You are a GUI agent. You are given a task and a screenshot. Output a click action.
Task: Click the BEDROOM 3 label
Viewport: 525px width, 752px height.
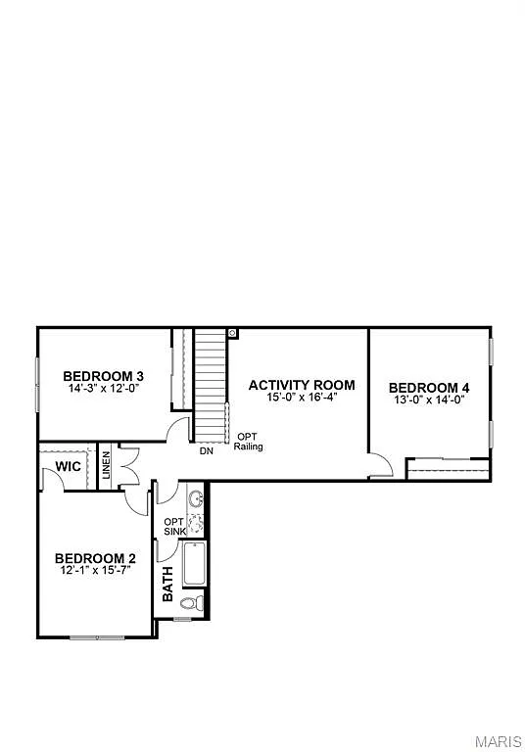[104, 376]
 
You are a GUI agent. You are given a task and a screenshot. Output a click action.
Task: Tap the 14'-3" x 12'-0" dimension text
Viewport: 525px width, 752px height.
[104, 389]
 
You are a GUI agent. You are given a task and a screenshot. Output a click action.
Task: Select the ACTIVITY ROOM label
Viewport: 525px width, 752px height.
[301, 385]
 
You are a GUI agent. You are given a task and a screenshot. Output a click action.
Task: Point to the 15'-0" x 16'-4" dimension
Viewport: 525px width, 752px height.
[301, 399]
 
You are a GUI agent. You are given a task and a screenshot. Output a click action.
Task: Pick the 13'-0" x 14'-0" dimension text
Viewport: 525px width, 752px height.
[429, 399]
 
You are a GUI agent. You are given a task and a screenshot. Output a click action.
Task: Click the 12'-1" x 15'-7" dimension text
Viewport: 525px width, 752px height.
[95, 571]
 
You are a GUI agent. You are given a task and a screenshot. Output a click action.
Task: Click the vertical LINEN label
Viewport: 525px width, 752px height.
[106, 467]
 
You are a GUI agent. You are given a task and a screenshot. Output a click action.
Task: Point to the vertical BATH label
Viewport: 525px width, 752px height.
[167, 585]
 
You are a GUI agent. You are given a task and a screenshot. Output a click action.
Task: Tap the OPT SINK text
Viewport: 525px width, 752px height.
[172, 527]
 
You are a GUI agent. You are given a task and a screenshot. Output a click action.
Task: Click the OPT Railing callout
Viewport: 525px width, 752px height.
[248, 442]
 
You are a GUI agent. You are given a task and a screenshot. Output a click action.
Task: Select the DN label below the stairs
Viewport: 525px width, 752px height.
[207, 451]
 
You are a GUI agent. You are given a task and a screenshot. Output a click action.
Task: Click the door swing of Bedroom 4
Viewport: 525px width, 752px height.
[381, 466]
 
